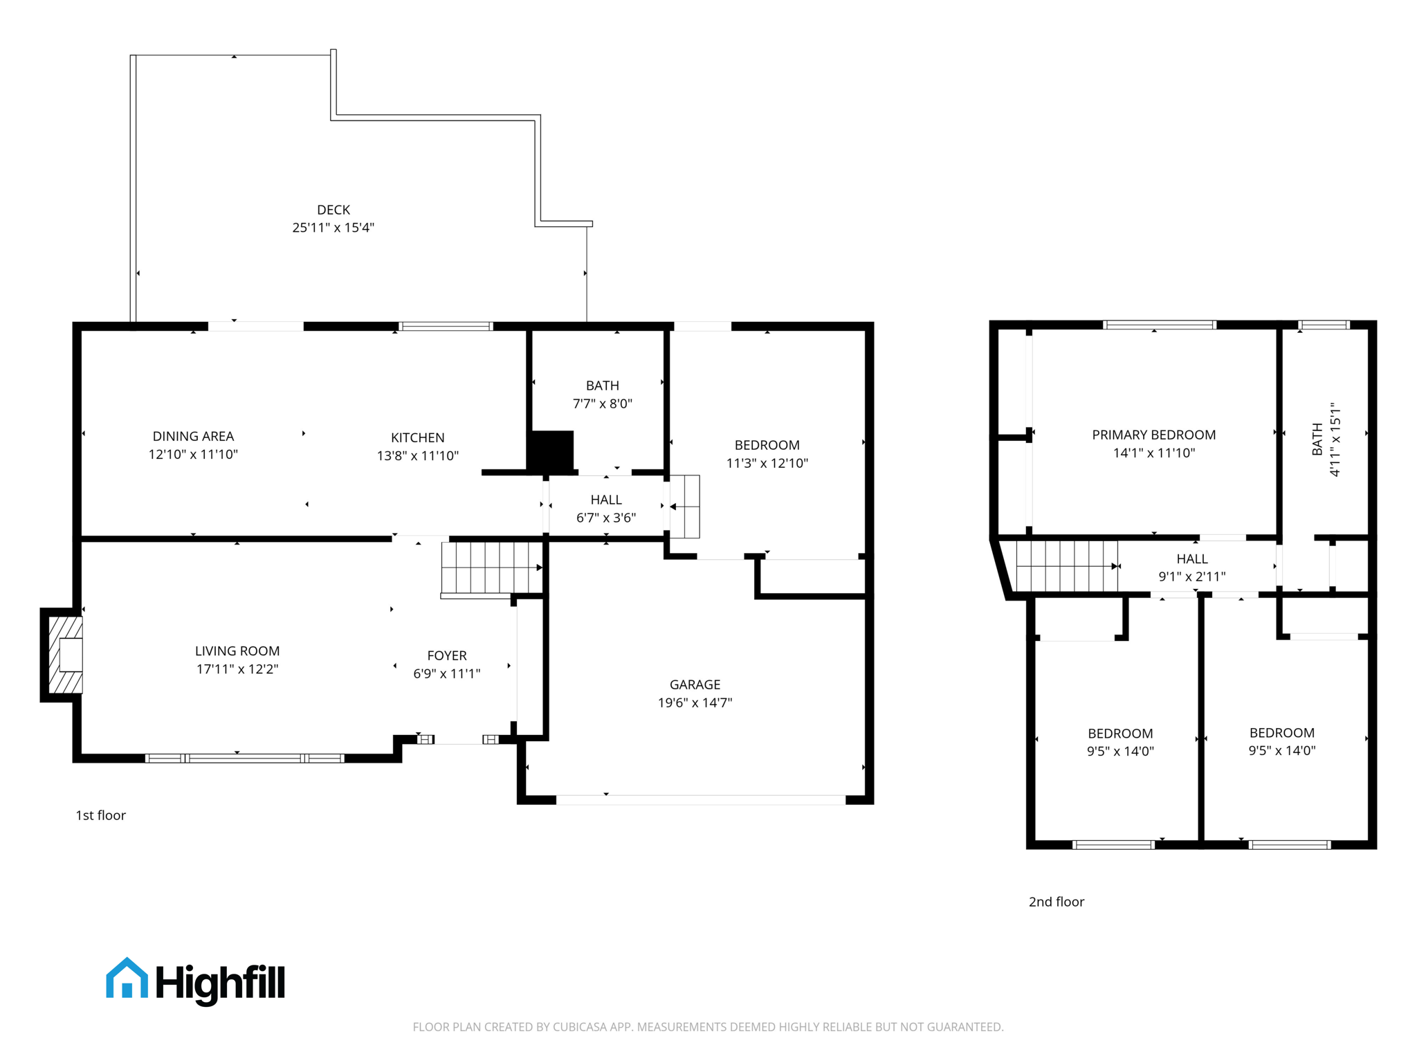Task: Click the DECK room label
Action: [x=333, y=210]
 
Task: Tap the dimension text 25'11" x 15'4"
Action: [x=333, y=228]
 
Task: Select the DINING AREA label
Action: [x=193, y=436]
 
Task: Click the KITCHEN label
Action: [x=417, y=437]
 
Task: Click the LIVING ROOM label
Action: [x=237, y=651]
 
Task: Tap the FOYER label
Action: [x=446, y=655]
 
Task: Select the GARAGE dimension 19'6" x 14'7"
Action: [x=695, y=702]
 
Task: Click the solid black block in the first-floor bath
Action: [x=551, y=451]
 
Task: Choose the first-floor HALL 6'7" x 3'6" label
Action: [x=605, y=508]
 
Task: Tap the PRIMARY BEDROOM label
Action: [x=1153, y=435]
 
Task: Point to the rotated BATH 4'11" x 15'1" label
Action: [x=1326, y=439]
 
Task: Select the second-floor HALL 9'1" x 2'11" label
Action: [x=1191, y=567]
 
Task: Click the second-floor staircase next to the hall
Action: [x=1066, y=566]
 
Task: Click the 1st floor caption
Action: [x=100, y=815]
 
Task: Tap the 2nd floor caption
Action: [x=1056, y=902]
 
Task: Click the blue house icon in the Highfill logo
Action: [x=127, y=979]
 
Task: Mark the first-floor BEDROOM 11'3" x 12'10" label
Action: [x=767, y=454]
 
